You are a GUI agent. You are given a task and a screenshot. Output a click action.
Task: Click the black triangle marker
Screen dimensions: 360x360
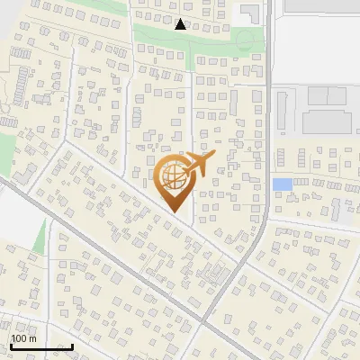(x=181, y=24)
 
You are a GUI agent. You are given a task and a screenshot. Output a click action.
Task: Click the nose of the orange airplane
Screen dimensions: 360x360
(x=214, y=157)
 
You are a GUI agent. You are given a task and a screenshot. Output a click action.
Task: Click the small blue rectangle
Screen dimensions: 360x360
(x=282, y=184)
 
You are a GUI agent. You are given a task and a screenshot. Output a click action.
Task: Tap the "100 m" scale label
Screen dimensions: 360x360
(x=23, y=338)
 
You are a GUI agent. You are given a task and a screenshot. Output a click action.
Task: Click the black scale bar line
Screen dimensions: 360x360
(x=41, y=346)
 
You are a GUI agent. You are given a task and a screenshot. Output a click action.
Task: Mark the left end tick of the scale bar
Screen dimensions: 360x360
(x=11, y=345)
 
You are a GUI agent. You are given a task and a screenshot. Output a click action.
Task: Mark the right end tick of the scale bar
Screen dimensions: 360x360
(x=73, y=345)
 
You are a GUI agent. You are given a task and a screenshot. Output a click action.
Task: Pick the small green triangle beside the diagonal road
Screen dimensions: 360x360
(x=39, y=236)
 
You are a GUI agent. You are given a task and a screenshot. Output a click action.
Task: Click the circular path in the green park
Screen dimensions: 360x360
(x=245, y=40)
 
